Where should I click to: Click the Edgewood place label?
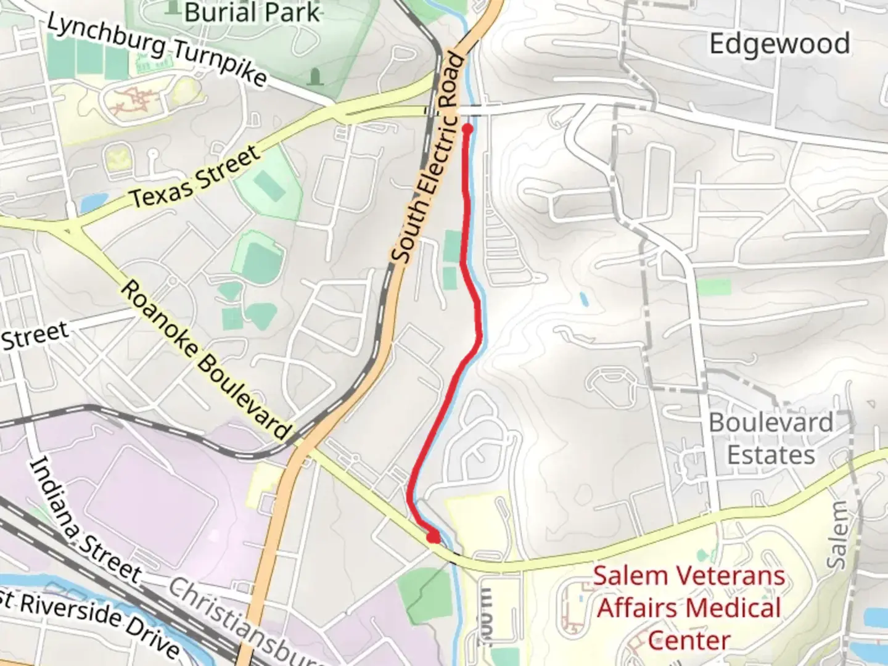pos(779,44)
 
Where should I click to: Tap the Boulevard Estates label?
pos(771,438)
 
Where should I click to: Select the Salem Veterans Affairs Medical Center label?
pos(689,608)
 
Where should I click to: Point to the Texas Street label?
pos(195,177)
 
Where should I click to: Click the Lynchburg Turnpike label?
pos(157,50)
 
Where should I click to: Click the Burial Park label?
pos(252,12)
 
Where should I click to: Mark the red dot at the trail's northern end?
pos(467,129)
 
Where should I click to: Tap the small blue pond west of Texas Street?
pos(89,202)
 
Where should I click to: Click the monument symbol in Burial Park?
pos(315,77)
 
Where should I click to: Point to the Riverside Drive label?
pos(92,620)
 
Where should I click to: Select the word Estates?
pos(771,455)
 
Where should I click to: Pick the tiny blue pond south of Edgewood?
pos(583,300)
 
